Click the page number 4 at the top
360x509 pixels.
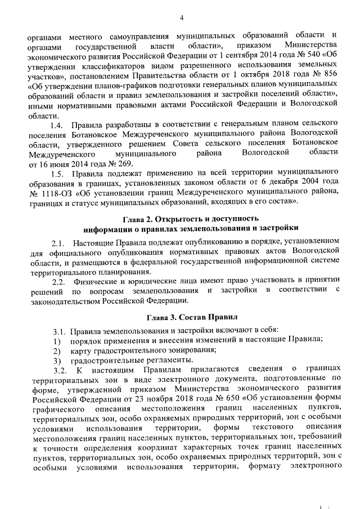pyautogui.click(x=182, y=18)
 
